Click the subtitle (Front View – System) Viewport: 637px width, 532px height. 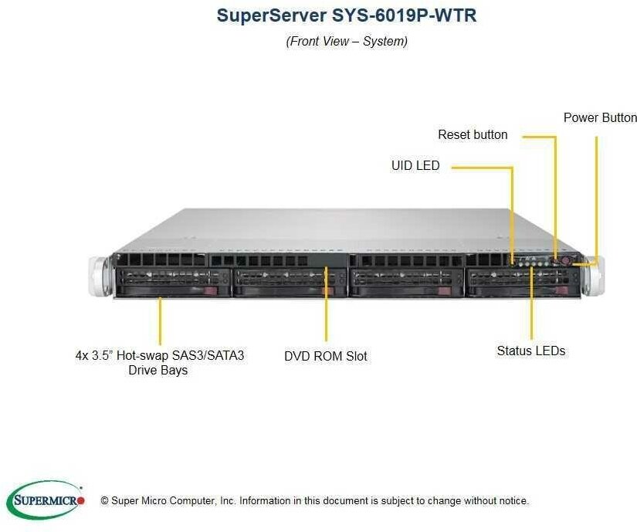tap(347, 41)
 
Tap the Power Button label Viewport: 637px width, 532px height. tap(600, 117)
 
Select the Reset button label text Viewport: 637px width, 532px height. tap(473, 134)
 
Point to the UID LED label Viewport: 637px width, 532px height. tap(415, 165)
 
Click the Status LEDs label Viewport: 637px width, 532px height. tap(530, 351)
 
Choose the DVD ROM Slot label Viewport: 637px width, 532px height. tap(325, 356)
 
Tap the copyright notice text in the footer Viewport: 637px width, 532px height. tap(314, 501)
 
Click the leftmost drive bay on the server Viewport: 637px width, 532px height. tap(171, 283)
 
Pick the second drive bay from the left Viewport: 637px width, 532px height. tap(288, 283)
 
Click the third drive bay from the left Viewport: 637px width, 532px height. tap(405, 283)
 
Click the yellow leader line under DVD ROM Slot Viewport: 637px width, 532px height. tap(326, 309)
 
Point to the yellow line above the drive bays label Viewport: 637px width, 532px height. tap(161, 320)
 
